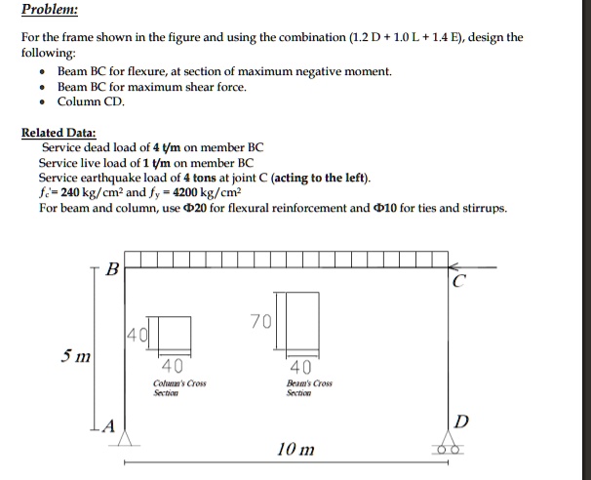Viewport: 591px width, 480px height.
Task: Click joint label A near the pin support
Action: coord(109,425)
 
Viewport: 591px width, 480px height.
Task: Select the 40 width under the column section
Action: coord(170,367)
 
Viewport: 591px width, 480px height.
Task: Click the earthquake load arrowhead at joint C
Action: coord(452,264)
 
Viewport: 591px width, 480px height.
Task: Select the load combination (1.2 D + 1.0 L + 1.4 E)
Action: coord(417,38)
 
